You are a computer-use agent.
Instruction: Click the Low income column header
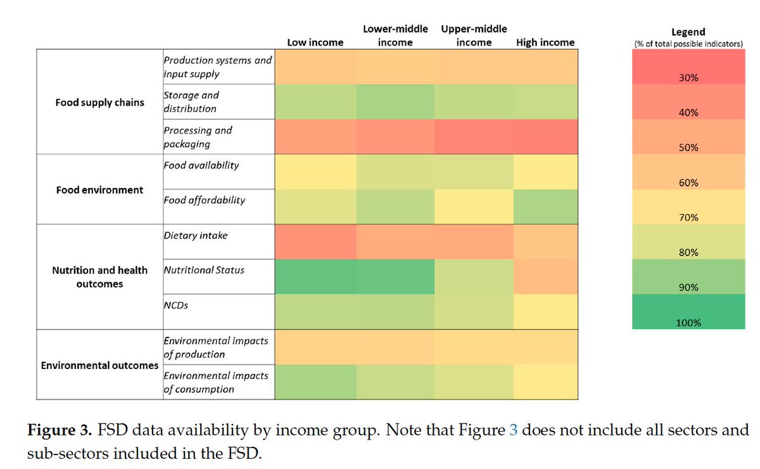tap(315, 42)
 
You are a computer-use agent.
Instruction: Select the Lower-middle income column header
tap(395, 35)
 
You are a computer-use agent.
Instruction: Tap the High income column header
tap(545, 42)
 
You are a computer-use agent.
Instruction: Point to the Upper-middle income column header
tap(474, 35)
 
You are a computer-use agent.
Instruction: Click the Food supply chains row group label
tap(99, 102)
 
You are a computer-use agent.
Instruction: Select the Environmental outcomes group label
tap(99, 365)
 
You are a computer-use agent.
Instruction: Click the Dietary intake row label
tap(196, 235)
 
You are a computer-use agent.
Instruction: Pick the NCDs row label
tap(176, 305)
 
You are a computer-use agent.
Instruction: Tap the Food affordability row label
tap(204, 200)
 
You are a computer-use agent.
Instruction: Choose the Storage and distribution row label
tap(191, 102)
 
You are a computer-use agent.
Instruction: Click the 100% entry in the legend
tap(688, 322)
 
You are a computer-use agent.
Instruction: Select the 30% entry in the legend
tap(688, 78)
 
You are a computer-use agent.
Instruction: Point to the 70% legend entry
tap(688, 217)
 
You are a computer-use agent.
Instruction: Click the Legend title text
tap(688, 32)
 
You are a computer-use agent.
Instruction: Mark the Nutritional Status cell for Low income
tap(315, 276)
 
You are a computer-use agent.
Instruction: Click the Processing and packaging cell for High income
tap(545, 136)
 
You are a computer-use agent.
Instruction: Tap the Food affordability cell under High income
tap(545, 206)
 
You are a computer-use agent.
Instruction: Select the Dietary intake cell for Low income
tap(315, 241)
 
